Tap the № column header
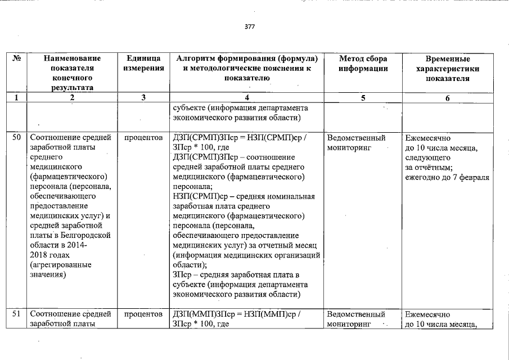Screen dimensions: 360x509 (17, 58)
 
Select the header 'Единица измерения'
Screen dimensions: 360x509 (143, 64)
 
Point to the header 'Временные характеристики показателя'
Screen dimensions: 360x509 (448, 69)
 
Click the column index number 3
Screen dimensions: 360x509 (143, 98)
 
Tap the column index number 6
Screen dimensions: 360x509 (448, 98)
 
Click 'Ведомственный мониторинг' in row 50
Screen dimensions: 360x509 (356, 143)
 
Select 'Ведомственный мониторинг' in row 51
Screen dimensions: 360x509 (356, 319)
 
